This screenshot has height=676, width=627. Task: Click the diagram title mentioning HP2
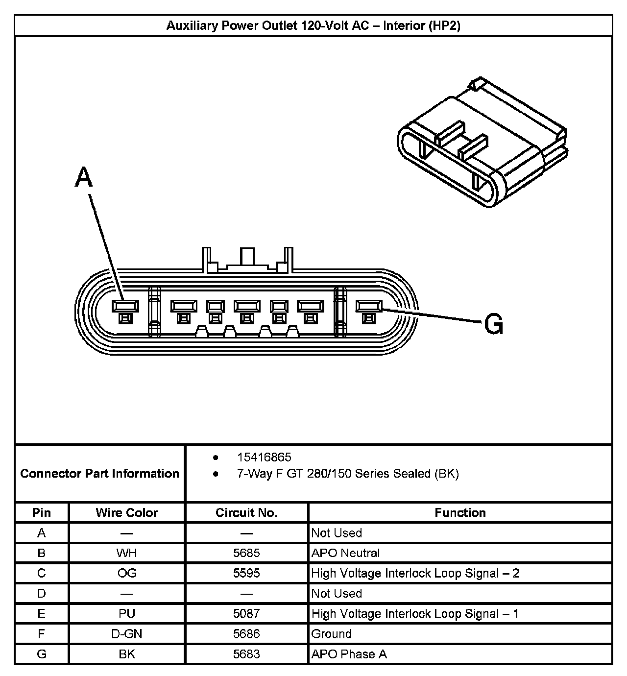(313, 25)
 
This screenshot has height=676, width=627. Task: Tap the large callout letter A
(84, 177)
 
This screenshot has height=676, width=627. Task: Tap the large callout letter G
(493, 324)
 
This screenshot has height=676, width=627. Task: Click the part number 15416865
(264, 457)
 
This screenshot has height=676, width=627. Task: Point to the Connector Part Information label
(100, 473)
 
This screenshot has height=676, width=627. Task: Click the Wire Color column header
(127, 512)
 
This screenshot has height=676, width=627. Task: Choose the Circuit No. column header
(246, 512)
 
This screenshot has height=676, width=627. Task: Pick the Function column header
(460, 512)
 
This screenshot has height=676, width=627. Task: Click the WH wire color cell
(127, 553)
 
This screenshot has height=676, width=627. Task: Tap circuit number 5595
(246, 573)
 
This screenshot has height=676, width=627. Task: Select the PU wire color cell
(127, 613)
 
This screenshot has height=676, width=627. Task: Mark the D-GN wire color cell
(127, 634)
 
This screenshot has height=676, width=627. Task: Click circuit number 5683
(246, 654)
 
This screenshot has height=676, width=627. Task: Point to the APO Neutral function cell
(345, 553)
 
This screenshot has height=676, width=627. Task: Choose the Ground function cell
(332, 634)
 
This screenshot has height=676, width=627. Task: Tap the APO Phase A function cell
(349, 654)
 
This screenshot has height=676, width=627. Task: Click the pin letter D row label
(42, 593)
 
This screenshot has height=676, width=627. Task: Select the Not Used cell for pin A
(337, 533)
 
